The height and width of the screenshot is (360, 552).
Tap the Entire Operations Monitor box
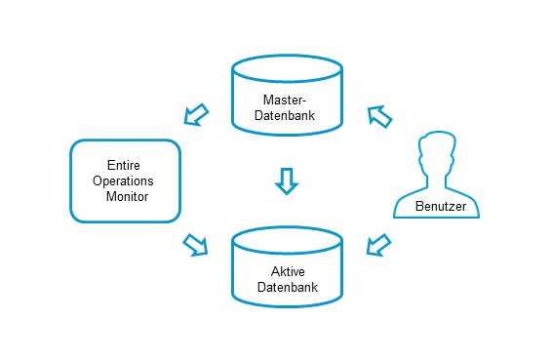click(125, 180)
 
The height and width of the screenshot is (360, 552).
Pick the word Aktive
click(287, 271)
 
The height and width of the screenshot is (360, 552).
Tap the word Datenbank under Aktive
click(287, 288)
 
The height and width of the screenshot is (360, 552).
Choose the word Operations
click(123, 181)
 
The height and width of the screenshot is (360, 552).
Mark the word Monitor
click(125, 197)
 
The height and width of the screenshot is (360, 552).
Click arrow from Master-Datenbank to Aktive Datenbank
click(286, 180)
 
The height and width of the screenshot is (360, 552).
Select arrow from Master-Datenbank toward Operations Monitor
click(198, 115)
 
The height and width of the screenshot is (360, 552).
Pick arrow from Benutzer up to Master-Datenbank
click(379, 116)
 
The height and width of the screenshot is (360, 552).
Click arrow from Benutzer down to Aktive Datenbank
click(377, 245)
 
